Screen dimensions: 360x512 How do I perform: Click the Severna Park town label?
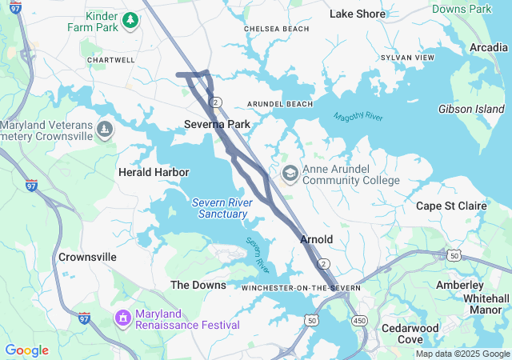(x=217, y=124)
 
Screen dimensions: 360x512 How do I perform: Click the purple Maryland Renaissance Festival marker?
(x=122, y=319)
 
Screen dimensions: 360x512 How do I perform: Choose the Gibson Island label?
(x=471, y=109)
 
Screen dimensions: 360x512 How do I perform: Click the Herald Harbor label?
(x=154, y=172)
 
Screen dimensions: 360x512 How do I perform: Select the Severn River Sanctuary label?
(x=222, y=208)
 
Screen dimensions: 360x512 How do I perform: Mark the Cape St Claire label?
(x=451, y=206)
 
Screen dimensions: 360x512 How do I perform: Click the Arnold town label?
(x=316, y=239)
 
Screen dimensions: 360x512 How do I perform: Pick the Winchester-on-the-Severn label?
(x=301, y=287)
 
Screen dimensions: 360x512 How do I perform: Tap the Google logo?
(x=26, y=350)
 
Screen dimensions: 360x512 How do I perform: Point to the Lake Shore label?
(x=358, y=14)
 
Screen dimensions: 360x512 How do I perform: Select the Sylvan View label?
(x=407, y=58)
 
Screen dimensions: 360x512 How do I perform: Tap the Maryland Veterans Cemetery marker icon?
(x=104, y=129)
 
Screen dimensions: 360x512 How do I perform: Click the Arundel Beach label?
(x=280, y=104)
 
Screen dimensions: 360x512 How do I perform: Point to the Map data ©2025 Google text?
(x=462, y=354)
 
